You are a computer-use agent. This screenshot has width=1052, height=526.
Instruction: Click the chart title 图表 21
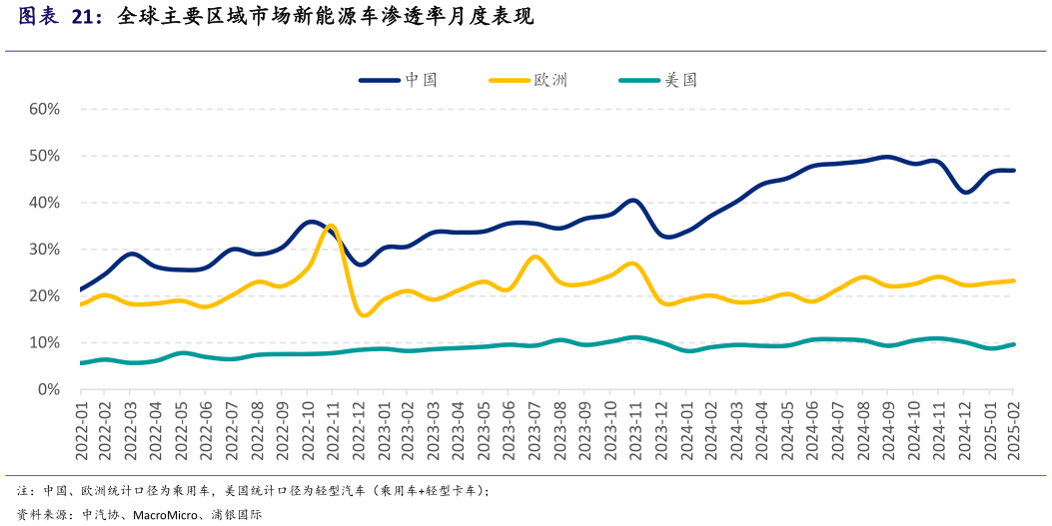(59, 17)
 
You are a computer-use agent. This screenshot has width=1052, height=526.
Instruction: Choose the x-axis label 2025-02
(1014, 428)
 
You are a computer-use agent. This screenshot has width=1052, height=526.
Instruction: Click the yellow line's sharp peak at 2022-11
(332, 226)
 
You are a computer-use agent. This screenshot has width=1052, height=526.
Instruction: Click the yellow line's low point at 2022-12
(363, 315)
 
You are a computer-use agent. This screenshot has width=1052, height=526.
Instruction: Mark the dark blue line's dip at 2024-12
(965, 192)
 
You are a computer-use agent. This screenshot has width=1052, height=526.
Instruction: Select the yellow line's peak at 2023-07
(535, 257)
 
